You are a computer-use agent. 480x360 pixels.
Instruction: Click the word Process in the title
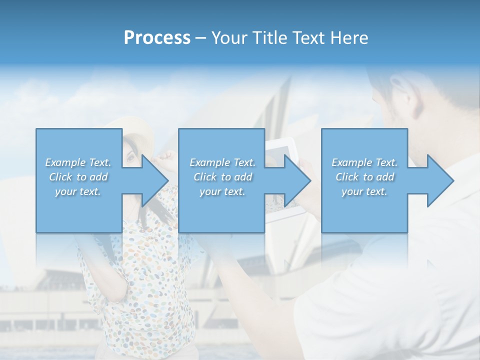coord(157,37)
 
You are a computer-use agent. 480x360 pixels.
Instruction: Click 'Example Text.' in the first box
coord(78,162)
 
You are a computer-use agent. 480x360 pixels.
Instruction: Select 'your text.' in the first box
coord(78,191)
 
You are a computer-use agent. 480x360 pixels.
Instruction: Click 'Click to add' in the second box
coord(222,177)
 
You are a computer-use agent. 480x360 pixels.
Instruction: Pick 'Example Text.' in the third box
coord(364,162)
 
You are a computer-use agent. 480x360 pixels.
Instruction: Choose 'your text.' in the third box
coord(364,191)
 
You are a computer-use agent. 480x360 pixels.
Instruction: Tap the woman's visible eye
coord(131,159)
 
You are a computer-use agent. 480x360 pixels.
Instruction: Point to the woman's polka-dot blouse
coord(145,280)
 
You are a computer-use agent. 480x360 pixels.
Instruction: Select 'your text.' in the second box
coord(222,191)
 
